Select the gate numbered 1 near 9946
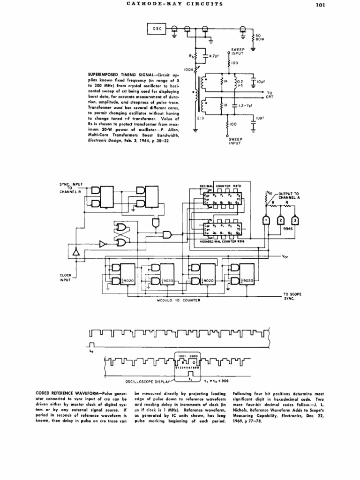265,220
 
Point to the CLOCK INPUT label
65,277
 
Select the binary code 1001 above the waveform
182,356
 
